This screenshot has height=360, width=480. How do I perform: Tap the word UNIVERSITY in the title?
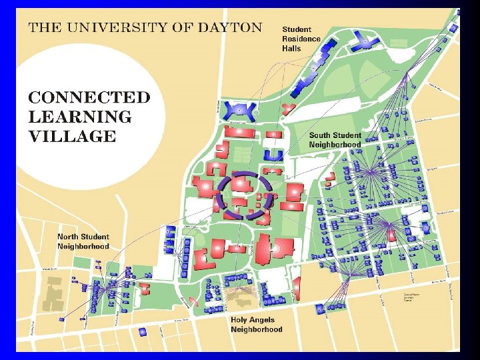click(114, 27)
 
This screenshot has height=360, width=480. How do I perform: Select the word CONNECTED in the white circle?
click(89, 97)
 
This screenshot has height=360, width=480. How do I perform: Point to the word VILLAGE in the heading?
click(72, 137)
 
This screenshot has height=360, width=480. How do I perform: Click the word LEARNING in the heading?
click(80, 117)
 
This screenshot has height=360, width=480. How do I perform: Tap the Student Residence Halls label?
click(301, 39)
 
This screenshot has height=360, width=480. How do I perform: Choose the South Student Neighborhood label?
click(335, 139)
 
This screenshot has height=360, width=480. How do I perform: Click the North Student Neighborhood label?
click(83, 241)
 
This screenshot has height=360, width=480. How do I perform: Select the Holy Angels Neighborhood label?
click(257, 324)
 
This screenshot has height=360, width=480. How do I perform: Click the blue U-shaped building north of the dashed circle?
click(274, 155)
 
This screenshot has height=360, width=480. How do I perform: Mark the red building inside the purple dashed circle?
click(239, 201)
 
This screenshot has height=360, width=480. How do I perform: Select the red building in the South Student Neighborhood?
click(392, 234)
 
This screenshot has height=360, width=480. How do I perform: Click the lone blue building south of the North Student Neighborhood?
click(142, 331)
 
